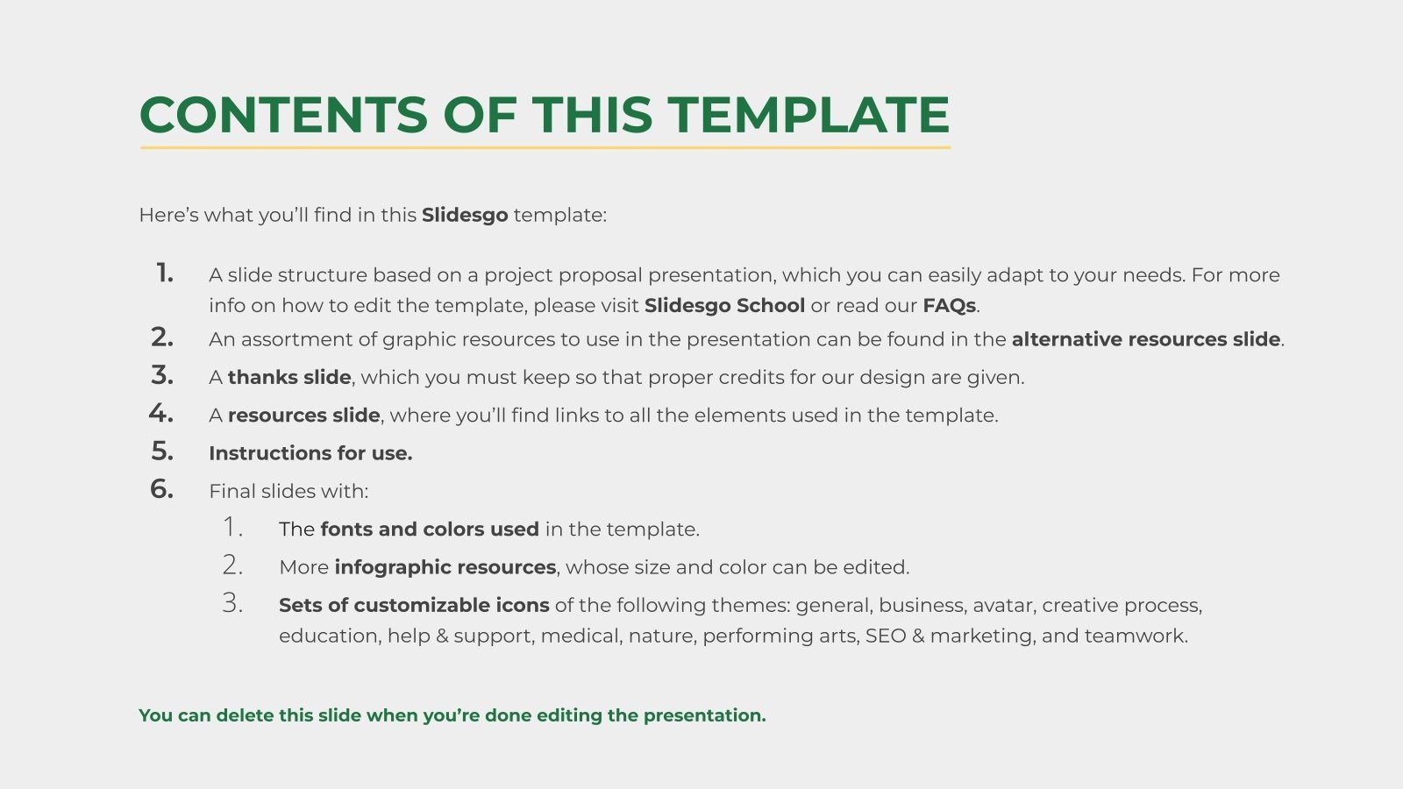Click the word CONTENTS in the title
click(283, 116)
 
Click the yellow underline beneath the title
click(545, 147)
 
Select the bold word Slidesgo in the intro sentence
click(464, 215)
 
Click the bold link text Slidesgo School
click(724, 306)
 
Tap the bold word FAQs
click(949, 306)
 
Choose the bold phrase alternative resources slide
click(1146, 339)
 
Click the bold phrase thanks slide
click(289, 378)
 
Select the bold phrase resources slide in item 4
click(303, 416)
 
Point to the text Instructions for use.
click(310, 453)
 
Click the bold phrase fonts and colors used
click(430, 530)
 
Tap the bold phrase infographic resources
click(445, 567)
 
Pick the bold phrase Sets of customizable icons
click(414, 605)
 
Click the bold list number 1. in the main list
click(164, 274)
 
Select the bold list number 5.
click(162, 451)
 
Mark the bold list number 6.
click(162, 488)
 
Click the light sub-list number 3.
click(232, 603)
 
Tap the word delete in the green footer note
click(245, 715)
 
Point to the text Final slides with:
click(288, 491)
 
